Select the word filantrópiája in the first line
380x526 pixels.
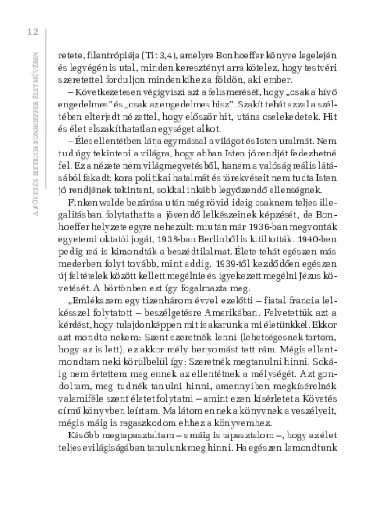click(103, 56)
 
